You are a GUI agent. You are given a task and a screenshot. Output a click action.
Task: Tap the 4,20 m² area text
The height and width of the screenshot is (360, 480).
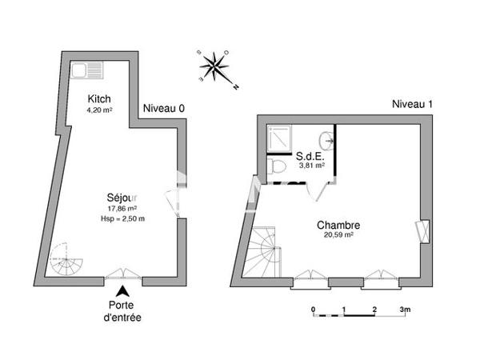(100, 110)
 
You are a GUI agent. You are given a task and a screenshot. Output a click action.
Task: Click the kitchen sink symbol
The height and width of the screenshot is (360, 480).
(82, 70)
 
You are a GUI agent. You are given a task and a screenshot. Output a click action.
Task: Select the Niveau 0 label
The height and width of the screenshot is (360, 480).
(164, 109)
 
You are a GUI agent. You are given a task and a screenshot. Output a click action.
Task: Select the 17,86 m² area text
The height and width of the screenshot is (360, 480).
(122, 208)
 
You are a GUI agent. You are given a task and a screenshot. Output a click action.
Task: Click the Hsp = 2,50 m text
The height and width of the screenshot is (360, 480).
(122, 218)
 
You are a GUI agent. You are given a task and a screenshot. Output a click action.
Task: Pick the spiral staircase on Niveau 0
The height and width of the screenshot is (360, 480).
(63, 260)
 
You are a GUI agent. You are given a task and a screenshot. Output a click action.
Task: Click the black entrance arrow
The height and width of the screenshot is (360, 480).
(123, 294)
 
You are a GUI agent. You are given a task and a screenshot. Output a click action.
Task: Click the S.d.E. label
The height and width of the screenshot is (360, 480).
(310, 156)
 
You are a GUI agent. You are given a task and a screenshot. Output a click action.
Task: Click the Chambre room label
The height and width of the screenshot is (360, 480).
(338, 226)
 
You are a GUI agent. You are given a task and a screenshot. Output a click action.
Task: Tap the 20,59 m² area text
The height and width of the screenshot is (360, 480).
(338, 237)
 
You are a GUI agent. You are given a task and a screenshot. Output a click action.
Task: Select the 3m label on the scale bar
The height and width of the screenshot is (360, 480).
(405, 310)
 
